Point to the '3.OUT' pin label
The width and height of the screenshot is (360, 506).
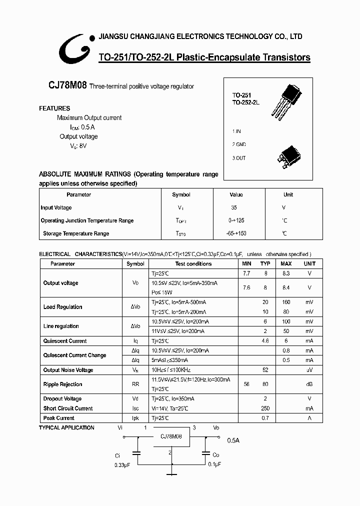point(239,158)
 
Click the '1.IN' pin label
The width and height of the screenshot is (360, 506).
point(236,131)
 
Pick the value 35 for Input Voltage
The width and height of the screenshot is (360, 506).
point(234,207)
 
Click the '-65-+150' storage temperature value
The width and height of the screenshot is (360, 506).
point(236,233)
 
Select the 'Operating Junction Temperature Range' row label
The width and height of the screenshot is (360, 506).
point(87,220)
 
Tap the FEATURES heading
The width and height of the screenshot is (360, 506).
point(54,108)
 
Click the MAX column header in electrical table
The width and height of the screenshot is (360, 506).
point(286,263)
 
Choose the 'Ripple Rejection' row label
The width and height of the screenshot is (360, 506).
point(62,384)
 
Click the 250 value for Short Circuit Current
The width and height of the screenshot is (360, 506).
point(265,408)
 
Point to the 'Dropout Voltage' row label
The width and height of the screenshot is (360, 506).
point(62,399)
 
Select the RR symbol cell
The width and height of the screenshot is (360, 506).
point(135,384)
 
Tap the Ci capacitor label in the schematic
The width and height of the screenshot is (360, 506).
point(117,455)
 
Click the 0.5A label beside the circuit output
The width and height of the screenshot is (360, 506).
point(233,440)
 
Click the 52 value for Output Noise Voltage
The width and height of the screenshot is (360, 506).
point(265,370)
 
